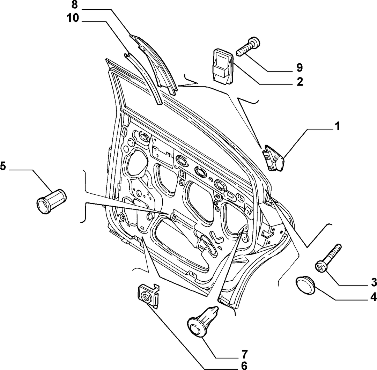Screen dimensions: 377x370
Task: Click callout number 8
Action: click(x=75, y=5)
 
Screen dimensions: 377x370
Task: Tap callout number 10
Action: click(x=73, y=18)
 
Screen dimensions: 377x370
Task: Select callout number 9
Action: click(x=300, y=68)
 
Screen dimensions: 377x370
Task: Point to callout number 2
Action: click(x=300, y=82)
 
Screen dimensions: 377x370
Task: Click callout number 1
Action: click(x=338, y=126)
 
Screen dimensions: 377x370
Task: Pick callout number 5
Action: click(x=3, y=166)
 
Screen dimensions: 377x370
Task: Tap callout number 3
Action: click(x=374, y=282)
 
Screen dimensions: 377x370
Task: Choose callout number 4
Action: click(x=374, y=297)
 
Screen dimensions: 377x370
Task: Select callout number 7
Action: click(x=244, y=354)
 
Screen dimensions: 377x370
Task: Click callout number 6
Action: click(x=244, y=365)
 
